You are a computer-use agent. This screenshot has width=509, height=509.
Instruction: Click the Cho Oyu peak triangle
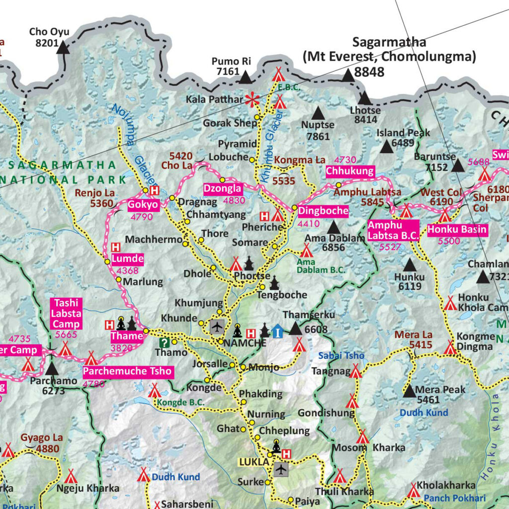pyautogui.click(x=63, y=48)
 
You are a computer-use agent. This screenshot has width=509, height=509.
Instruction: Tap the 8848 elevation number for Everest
pyautogui.click(x=369, y=72)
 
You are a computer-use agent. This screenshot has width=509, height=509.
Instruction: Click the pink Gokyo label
pyautogui.click(x=143, y=205)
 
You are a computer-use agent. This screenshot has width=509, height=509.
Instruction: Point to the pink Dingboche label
pyautogui.click(x=323, y=211)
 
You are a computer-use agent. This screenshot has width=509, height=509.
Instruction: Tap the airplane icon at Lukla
pyautogui.click(x=281, y=469)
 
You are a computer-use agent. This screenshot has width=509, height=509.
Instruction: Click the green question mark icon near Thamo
pyautogui.click(x=164, y=342)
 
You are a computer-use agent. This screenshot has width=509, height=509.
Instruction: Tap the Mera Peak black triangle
pyautogui.click(x=410, y=391)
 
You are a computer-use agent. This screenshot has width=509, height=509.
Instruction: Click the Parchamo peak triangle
pyautogui.click(x=52, y=369)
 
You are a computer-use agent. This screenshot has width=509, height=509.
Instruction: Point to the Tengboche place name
pyautogui.click(x=282, y=295)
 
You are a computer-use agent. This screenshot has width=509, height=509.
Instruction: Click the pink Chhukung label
pyautogui.click(x=349, y=171)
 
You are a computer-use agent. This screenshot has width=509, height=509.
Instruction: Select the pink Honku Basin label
pyautogui.click(x=457, y=230)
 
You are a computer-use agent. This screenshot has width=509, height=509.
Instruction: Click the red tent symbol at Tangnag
pyautogui.click(x=356, y=371)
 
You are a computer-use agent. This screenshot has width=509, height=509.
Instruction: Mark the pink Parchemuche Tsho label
pyautogui.click(x=128, y=371)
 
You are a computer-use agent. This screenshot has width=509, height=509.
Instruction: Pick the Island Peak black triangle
pyautogui.click(x=386, y=146)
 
